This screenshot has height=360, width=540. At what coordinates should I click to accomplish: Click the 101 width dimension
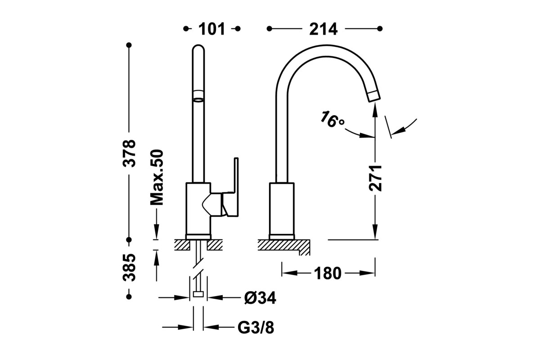click(x=211, y=29)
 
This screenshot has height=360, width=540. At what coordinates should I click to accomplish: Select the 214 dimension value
click(x=323, y=29)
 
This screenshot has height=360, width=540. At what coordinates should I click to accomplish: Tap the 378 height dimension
click(x=130, y=153)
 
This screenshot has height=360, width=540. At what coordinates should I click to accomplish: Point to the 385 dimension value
click(x=130, y=267)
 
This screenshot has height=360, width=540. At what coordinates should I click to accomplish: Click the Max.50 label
click(x=156, y=178)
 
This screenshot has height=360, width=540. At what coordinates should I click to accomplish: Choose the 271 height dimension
click(x=375, y=178)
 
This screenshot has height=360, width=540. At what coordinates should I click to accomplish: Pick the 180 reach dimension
click(x=328, y=273)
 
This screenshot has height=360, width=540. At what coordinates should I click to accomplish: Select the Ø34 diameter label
click(x=260, y=297)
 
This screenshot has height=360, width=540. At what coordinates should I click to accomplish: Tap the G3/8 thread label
click(x=256, y=328)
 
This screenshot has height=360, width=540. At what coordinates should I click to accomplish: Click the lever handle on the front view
click(x=230, y=189)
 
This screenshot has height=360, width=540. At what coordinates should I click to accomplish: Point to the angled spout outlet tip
click(x=373, y=95)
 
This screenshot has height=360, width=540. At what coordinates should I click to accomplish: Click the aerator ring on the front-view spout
click(x=198, y=94)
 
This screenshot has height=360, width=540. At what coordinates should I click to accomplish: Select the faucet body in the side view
click(x=281, y=209)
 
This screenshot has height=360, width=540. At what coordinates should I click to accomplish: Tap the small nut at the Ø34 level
click(x=198, y=295)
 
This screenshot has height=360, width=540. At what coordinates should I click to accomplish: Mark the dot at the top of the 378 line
click(x=129, y=45)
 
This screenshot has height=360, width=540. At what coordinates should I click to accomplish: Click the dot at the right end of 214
click(x=380, y=28)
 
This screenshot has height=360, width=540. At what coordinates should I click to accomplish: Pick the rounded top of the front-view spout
click(x=198, y=49)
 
